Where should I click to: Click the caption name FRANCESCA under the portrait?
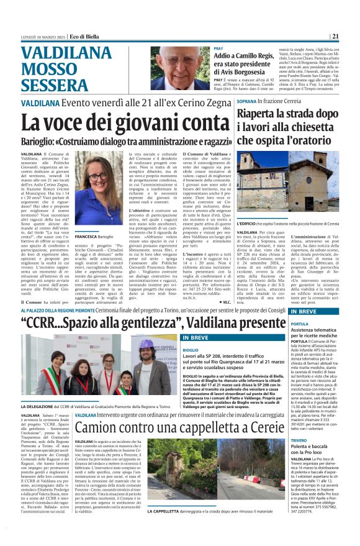85,237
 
